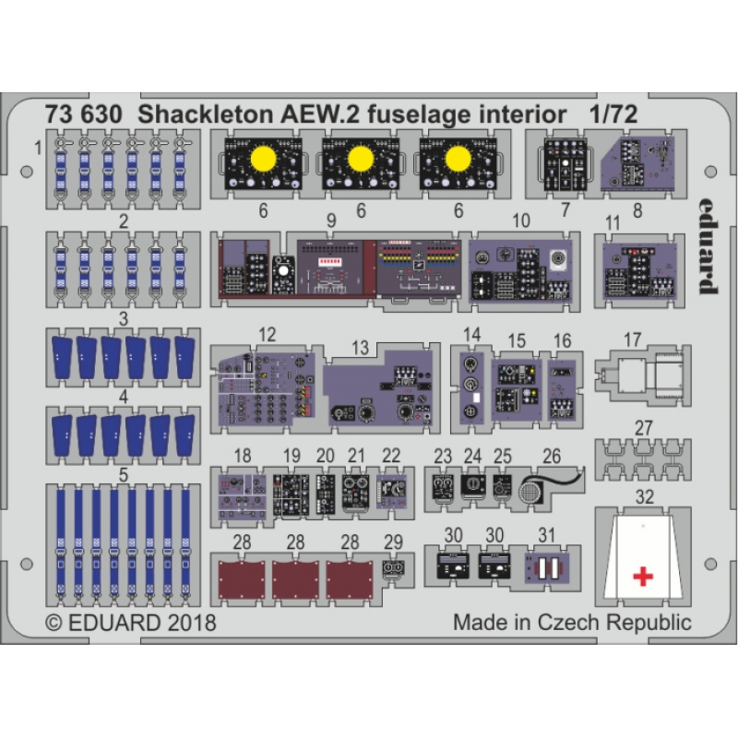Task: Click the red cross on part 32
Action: (643, 576)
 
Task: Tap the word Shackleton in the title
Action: (206, 114)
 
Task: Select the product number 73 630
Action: (84, 114)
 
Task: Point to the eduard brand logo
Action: (708, 245)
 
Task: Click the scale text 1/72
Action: (613, 114)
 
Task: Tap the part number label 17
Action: (632, 339)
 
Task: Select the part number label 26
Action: (552, 456)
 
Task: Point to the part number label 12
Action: (267, 335)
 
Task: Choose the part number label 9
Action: (331, 220)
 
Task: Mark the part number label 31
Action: (547, 535)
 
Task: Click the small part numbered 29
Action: (394, 570)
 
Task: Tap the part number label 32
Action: (644, 496)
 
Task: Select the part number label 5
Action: (124, 475)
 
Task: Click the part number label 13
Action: (360, 348)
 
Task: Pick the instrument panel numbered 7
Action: (565, 165)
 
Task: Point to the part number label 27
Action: (643, 428)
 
